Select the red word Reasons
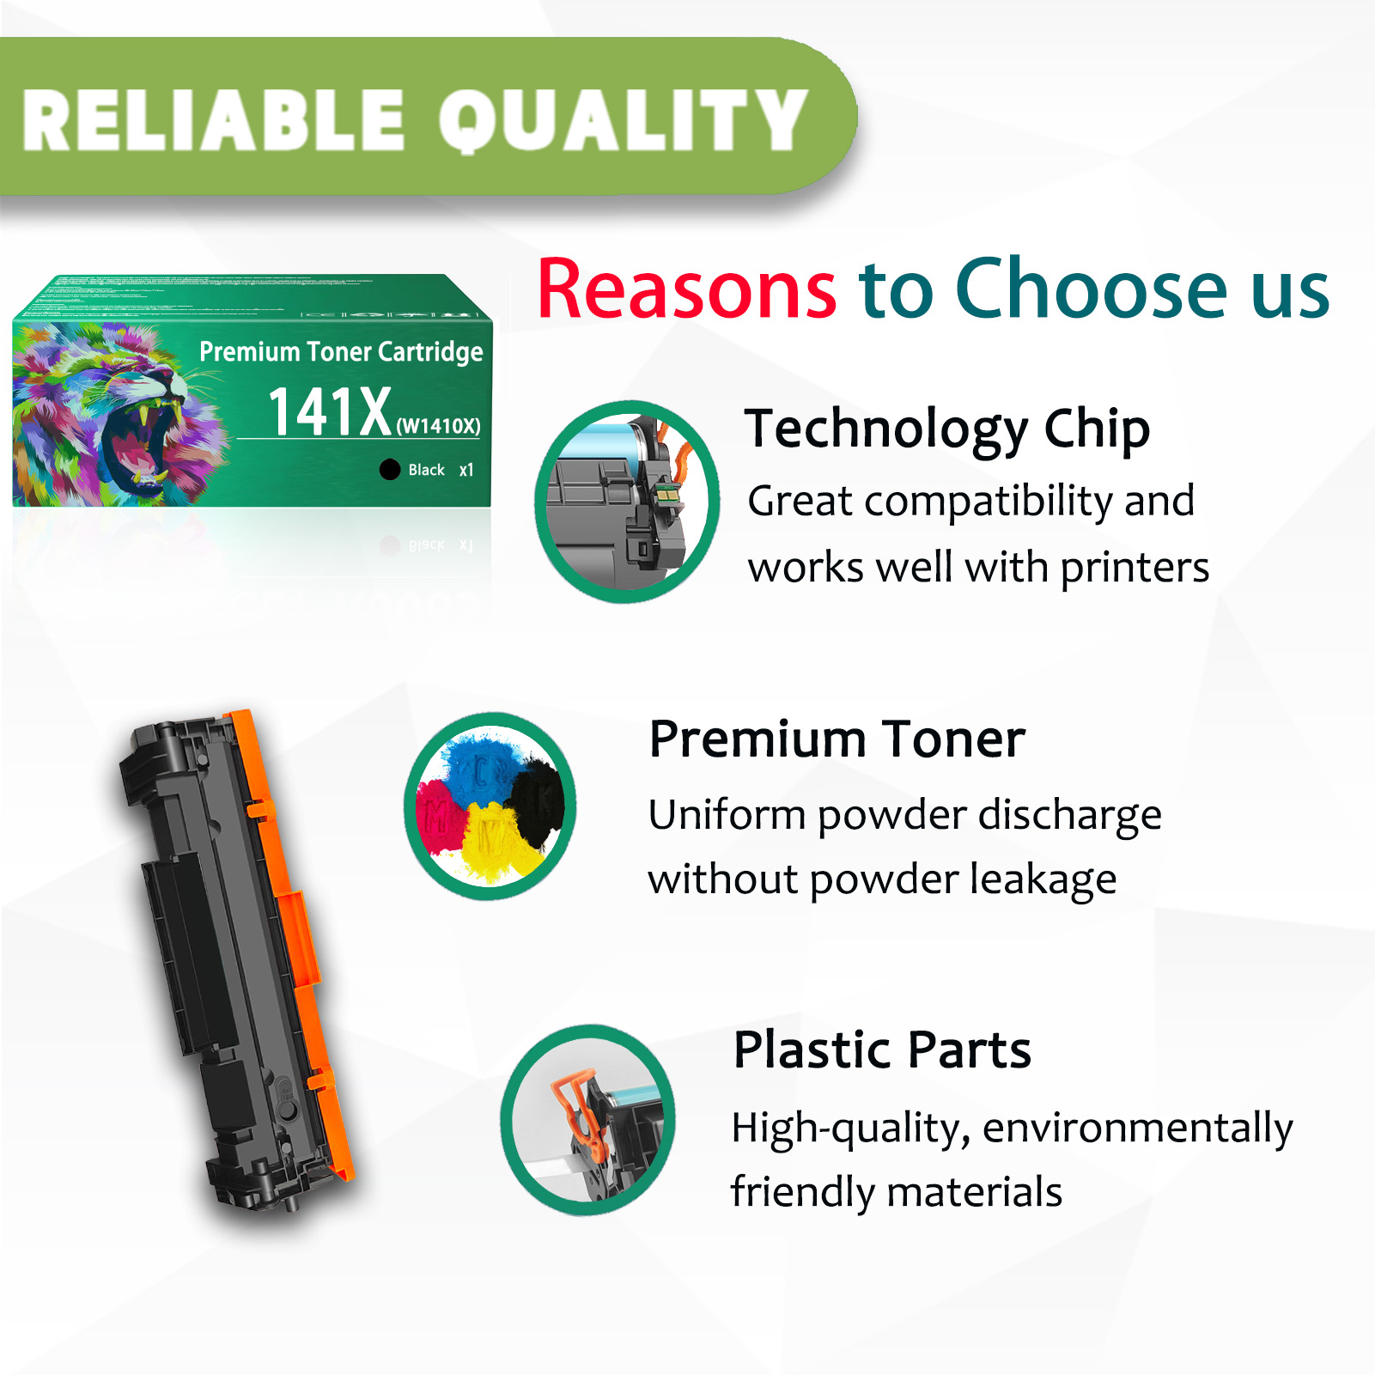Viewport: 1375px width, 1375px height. [x=686, y=289]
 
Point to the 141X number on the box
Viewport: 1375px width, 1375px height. [x=330, y=412]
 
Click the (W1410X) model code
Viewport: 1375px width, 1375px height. [x=438, y=426]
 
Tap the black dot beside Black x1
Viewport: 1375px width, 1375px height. [x=390, y=470]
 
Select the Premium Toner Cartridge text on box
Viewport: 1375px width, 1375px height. [x=341, y=351]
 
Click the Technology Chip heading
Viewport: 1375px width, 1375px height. [x=946, y=429]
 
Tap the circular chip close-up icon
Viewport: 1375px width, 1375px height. [x=627, y=502]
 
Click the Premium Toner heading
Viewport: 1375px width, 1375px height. [x=837, y=739]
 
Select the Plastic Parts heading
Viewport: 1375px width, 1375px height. [x=882, y=1050]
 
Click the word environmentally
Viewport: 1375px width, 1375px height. [x=1137, y=1128]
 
